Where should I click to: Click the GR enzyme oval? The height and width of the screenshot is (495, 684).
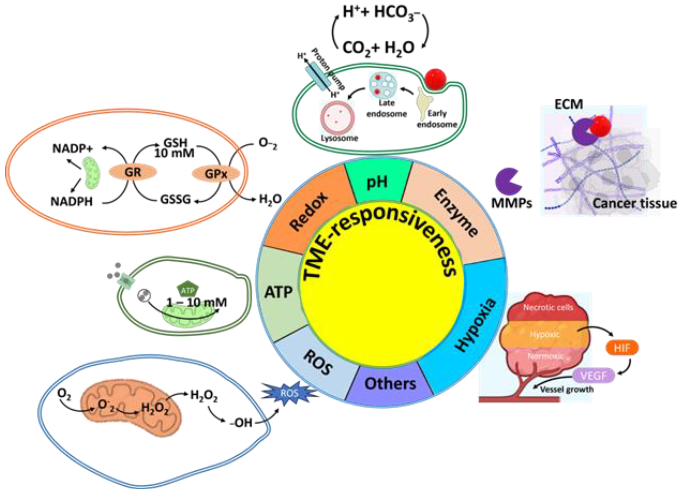[133, 172]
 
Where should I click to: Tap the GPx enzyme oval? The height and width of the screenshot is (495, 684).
[216, 174]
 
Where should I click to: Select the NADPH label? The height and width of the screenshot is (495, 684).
[72, 201]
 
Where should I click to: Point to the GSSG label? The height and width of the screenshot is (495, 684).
[175, 199]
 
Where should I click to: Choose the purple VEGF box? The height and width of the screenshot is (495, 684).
[593, 376]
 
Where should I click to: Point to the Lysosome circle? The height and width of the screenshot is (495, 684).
[337, 118]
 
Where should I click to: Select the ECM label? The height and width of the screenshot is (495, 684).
[569, 104]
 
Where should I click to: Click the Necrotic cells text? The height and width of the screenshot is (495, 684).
[548, 307]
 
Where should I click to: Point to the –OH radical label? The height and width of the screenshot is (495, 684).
[241, 423]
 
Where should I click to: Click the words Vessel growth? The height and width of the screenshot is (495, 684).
[567, 389]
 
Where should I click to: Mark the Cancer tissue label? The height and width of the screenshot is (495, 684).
[634, 203]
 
